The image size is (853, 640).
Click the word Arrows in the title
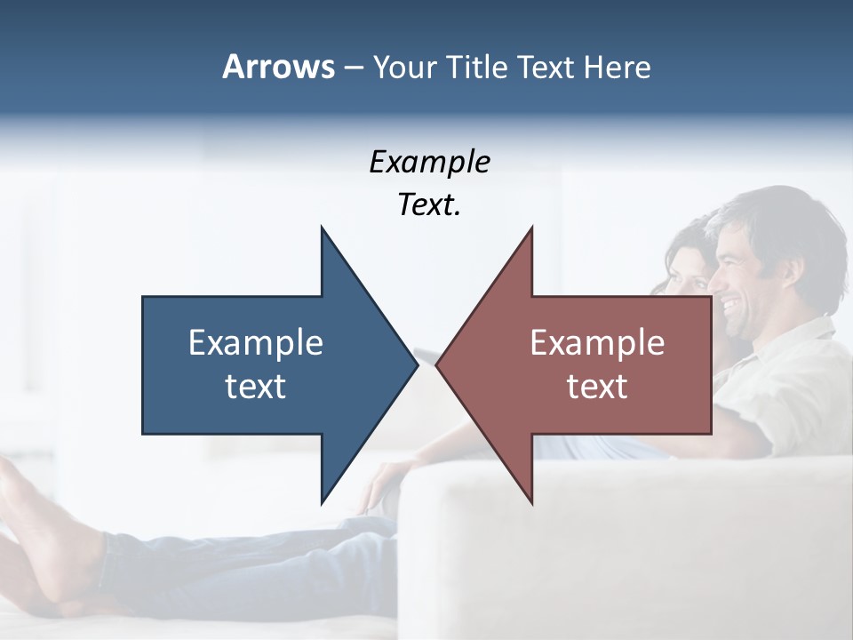[x=279, y=67]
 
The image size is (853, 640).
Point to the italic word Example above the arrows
[x=429, y=162]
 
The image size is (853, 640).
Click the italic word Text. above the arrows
[x=429, y=205]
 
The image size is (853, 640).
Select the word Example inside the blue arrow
[x=256, y=342]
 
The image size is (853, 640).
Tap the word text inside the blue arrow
[x=256, y=386]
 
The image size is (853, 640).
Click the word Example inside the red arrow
[x=597, y=342]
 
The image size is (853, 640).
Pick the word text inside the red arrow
[x=597, y=386]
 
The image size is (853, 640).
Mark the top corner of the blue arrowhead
[x=322, y=228]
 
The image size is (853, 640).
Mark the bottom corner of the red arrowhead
[x=531, y=501]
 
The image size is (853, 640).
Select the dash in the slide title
[x=353, y=67]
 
